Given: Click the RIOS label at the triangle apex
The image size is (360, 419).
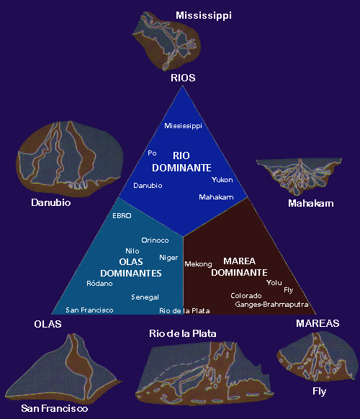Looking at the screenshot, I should [x=183, y=77].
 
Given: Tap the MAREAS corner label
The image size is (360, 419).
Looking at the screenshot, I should [x=316, y=324].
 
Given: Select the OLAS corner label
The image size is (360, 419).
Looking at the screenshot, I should [x=48, y=324].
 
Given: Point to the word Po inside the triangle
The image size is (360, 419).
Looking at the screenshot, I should [x=152, y=153].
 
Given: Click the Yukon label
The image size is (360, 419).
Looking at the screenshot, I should [x=222, y=179].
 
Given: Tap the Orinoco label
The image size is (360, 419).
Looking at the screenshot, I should [x=155, y=240].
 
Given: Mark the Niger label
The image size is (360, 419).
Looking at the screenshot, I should [x=168, y=257].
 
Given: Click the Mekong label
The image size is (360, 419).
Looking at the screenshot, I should [x=198, y=263].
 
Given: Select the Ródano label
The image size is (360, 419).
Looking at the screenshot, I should [x=99, y=283].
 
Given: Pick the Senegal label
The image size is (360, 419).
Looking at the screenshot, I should [x=145, y=297].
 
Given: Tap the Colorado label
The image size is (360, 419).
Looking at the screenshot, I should [x=246, y=295].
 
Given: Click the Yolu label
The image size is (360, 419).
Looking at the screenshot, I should [x=274, y=282].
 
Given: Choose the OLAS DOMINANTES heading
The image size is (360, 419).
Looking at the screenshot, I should [x=130, y=267].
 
